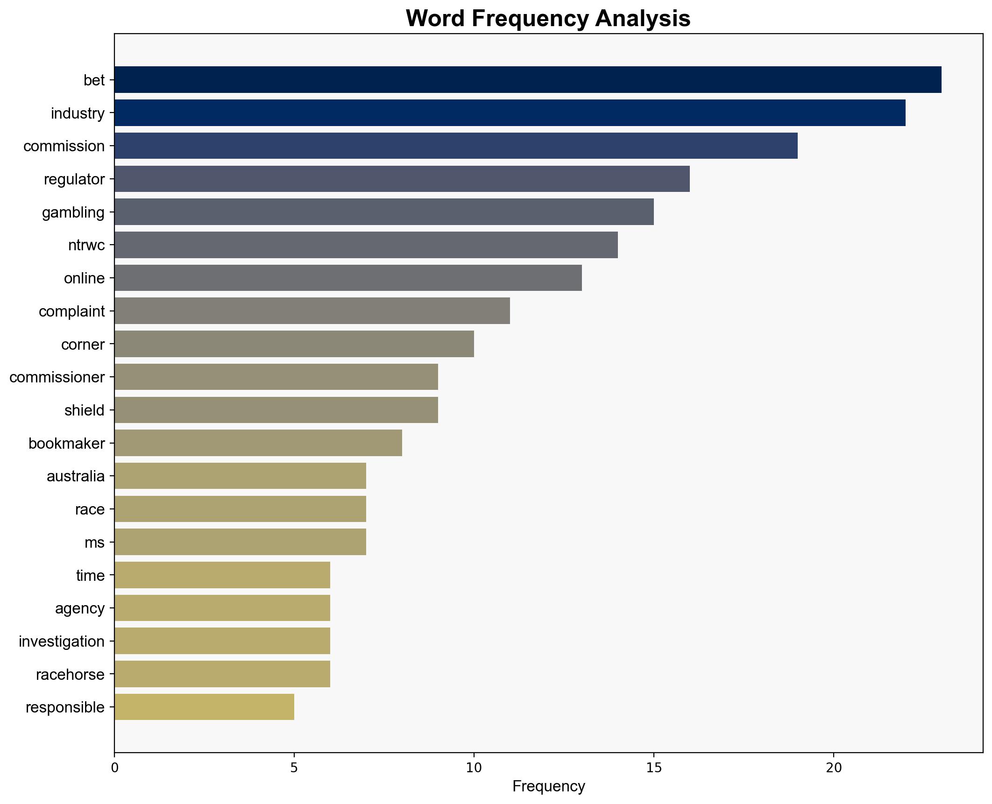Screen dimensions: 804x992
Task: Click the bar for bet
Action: tap(528, 80)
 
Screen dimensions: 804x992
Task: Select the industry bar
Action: tap(510, 113)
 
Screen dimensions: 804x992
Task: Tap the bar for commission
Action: tap(456, 146)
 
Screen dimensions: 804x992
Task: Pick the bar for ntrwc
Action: tap(366, 245)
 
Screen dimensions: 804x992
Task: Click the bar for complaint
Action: tap(312, 311)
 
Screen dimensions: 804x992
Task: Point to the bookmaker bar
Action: tap(258, 443)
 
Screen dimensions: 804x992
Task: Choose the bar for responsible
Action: tap(204, 707)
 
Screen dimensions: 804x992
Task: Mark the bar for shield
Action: tap(276, 410)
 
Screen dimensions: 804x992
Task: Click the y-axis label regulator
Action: tap(74, 179)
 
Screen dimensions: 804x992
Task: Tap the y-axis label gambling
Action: tap(73, 212)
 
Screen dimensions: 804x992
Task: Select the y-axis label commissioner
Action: tap(57, 377)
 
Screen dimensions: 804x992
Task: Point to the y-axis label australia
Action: tap(76, 476)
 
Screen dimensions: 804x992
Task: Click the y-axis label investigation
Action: tap(62, 642)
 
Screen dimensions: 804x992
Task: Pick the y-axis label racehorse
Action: tap(70, 675)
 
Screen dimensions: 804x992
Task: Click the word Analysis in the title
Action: tap(643, 19)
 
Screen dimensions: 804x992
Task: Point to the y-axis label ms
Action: tap(94, 543)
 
